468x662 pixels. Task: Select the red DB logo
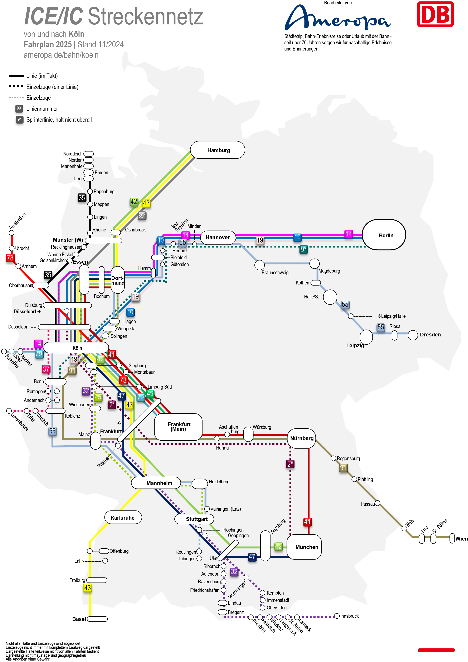coord(435,14)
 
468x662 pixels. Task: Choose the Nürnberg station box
coord(301,438)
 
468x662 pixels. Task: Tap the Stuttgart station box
coord(195,519)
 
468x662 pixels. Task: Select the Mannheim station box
coord(156,483)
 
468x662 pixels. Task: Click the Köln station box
coord(76,348)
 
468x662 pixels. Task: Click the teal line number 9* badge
coord(303,249)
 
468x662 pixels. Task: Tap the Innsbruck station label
coord(349,616)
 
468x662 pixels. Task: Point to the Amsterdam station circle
coord(12,233)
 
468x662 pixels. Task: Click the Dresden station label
coord(430,335)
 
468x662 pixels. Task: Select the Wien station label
coord(461,539)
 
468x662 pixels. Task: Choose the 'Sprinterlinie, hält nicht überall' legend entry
coord(59,120)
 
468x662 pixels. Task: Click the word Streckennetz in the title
coord(146,16)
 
